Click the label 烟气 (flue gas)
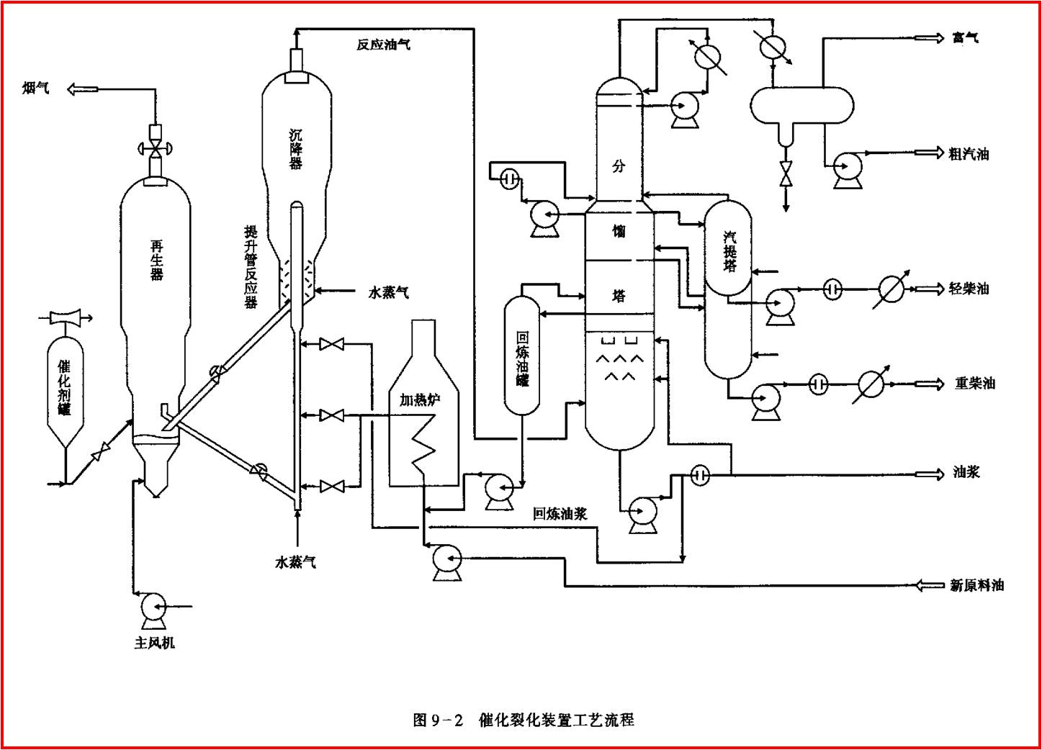36,88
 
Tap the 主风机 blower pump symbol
153,606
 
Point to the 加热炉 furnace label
420,399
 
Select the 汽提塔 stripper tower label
729,251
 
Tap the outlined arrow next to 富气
929,37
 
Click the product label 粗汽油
969,153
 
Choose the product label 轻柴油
969,289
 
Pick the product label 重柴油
974,384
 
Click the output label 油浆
966,472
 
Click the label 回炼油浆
560,513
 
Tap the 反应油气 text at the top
383,45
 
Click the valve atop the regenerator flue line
155,149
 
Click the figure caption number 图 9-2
438,720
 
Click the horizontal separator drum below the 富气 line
801,105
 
